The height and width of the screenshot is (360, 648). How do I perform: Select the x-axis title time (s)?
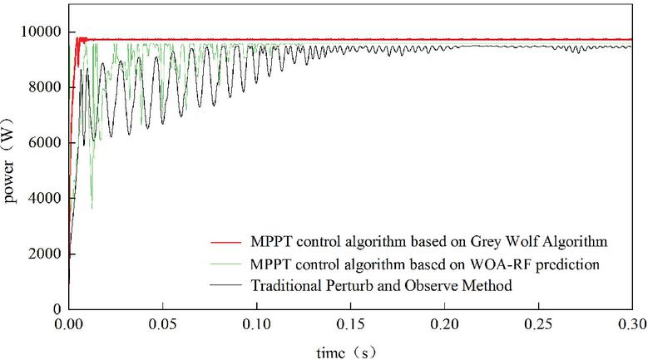click(351, 351)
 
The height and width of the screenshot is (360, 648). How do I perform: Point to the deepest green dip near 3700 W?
click(92, 207)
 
